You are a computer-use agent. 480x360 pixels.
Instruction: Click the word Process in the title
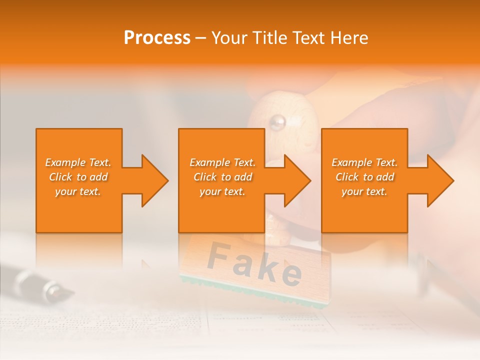click(x=157, y=38)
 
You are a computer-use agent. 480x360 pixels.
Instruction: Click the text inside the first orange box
click(x=78, y=177)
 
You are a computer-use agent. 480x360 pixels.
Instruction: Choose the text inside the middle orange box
click(x=222, y=177)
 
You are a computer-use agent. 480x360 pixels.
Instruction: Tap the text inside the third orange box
click(x=364, y=177)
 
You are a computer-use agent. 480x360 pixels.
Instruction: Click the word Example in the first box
click(x=65, y=162)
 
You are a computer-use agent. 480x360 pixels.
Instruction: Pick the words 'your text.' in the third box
click(x=364, y=191)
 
